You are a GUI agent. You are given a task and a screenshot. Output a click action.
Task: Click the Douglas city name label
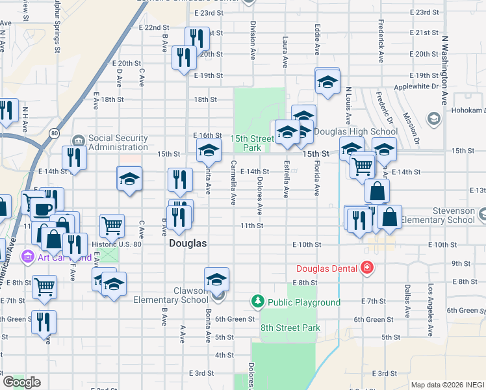[187, 244]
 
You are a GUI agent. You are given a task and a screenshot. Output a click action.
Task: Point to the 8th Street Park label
[290, 328]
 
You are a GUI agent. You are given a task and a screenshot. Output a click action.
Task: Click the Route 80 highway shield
[55, 133]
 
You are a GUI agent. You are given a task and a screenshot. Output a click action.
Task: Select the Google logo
[21, 382]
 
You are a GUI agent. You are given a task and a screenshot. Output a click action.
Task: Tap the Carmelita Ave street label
[233, 182]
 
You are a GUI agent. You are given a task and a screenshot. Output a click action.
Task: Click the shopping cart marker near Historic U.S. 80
[112, 226]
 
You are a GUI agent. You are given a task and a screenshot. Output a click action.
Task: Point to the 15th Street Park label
[252, 143]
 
